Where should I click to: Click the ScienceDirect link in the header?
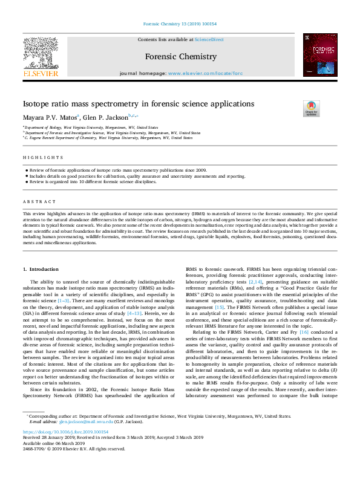[x=210, y=39]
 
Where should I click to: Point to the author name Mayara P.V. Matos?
[x=50, y=117]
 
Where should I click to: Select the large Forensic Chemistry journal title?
[x=180, y=57]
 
